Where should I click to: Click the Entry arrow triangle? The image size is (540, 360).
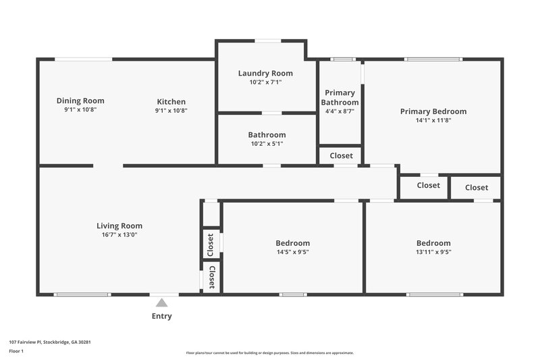(x=162, y=303)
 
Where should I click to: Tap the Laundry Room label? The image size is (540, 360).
(x=265, y=73)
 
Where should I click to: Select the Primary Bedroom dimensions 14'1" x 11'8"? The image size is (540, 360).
(x=433, y=121)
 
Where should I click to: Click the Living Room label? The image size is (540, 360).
(x=119, y=226)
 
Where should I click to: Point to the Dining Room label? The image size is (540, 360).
(x=80, y=101)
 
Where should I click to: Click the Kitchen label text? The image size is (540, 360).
(x=171, y=102)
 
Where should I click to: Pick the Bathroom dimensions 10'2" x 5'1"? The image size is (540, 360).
(x=267, y=143)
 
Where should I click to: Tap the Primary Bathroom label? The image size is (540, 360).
(x=340, y=97)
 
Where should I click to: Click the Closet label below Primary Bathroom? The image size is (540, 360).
(x=341, y=155)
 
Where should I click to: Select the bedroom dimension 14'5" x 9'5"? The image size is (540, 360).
(x=292, y=252)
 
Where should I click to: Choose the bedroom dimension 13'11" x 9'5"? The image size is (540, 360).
(x=433, y=252)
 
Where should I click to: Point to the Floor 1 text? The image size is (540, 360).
(x=16, y=351)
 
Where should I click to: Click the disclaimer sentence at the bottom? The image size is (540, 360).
(x=269, y=353)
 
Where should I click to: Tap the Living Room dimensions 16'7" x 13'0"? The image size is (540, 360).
(x=119, y=234)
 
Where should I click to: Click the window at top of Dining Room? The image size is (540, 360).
(x=84, y=59)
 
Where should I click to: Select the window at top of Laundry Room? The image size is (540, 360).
(x=268, y=41)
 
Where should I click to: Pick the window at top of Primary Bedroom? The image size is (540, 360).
(x=433, y=59)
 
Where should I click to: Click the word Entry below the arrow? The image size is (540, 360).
(x=162, y=316)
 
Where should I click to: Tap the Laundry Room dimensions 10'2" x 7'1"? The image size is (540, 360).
(x=265, y=82)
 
